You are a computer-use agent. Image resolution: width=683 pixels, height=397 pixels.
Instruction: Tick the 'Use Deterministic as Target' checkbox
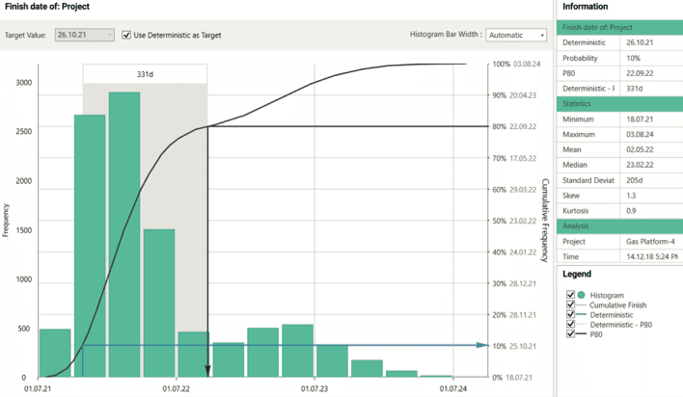click(x=127, y=35)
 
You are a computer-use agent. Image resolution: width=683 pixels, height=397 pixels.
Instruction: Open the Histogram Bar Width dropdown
click(x=516, y=35)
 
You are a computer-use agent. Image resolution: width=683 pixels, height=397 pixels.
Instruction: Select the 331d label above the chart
click(x=144, y=73)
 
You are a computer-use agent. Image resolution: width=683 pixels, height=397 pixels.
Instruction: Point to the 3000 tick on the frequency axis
click(x=21, y=83)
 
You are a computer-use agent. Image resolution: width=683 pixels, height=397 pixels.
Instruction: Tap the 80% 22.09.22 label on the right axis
click(x=513, y=127)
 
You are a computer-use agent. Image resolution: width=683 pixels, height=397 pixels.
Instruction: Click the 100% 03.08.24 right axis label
click(x=513, y=65)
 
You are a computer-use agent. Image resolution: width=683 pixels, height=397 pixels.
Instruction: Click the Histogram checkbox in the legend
click(x=571, y=295)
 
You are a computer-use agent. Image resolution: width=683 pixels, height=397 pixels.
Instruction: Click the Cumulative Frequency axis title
click(x=545, y=221)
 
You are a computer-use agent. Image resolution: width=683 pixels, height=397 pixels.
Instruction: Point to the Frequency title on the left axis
click(x=7, y=221)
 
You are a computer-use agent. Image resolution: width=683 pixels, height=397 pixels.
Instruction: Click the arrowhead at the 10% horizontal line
click(x=484, y=345)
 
